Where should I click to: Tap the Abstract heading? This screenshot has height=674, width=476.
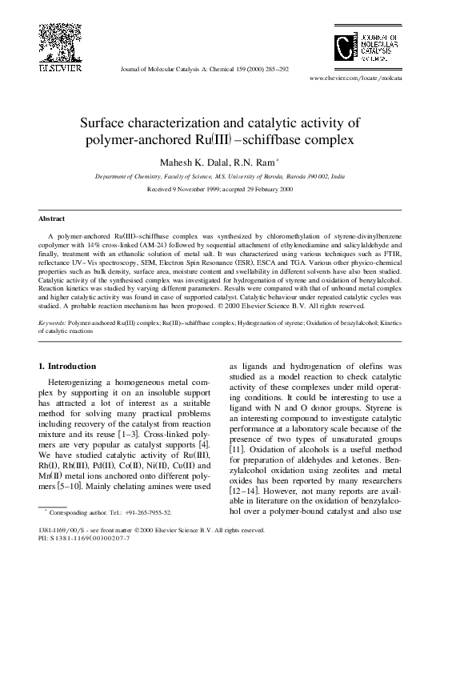pos(52,219)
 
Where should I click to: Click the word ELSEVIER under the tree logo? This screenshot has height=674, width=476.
pos(58,67)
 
